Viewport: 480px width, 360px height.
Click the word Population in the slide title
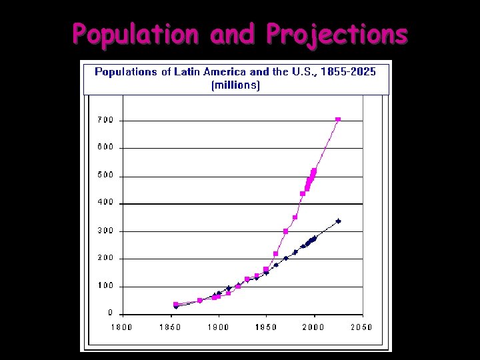[x=135, y=34]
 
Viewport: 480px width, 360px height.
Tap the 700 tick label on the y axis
[x=107, y=120]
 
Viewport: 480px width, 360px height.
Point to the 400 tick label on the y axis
[x=107, y=203]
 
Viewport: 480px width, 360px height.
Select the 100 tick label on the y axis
[x=107, y=286]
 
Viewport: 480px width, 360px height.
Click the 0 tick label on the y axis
[x=111, y=313]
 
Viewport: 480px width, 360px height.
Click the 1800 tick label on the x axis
[x=121, y=327]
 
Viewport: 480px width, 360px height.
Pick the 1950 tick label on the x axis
[x=265, y=327]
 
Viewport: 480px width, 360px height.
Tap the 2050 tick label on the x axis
[x=361, y=327]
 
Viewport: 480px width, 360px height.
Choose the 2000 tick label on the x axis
[x=313, y=327]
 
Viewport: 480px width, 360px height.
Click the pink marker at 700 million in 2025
[x=338, y=119]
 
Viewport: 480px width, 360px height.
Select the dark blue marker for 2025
[x=338, y=221]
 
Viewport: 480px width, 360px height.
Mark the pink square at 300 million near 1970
[x=285, y=231]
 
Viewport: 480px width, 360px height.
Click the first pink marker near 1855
[x=176, y=304]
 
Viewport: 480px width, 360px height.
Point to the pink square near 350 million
[x=295, y=217]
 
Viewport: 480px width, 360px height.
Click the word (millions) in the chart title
[x=235, y=85]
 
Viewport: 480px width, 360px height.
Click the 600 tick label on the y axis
[x=107, y=148]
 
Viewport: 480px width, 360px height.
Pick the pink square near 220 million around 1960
[x=276, y=253]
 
